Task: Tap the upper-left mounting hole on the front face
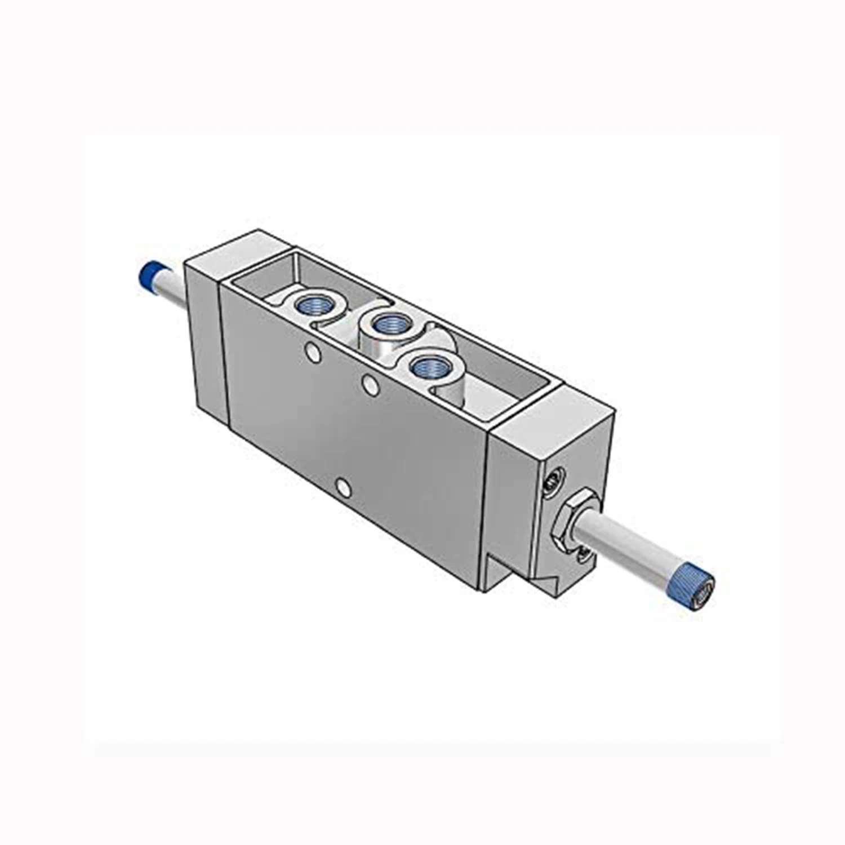coord(311,354)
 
